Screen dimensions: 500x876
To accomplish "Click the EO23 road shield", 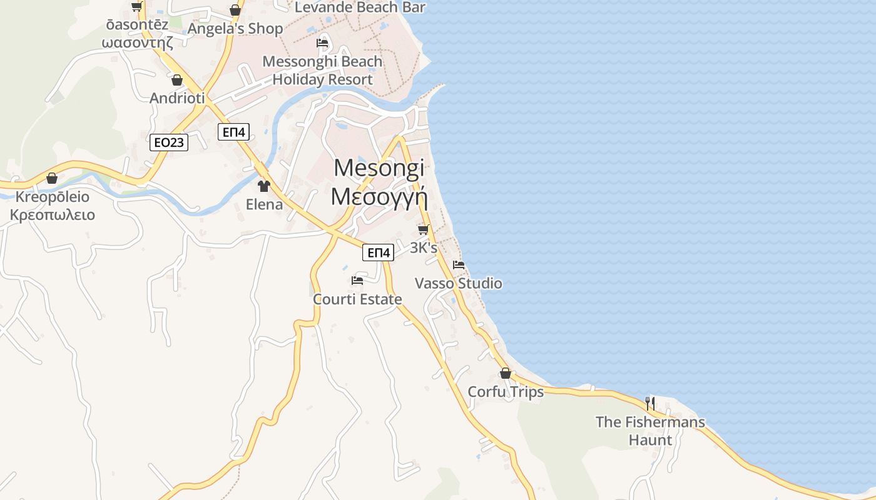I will coord(170,142).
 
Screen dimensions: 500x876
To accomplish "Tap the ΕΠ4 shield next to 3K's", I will coord(378,252).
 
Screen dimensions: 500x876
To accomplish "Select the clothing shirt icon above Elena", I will coord(264,186).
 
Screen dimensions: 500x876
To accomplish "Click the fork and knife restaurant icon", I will coord(650,404).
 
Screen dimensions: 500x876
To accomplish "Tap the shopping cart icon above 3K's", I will coord(424,230).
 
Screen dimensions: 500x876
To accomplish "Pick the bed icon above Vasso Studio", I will coord(459,265).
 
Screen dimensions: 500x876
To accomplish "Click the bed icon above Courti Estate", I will coord(357,281).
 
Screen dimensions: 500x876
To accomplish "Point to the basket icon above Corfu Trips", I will coord(506,374).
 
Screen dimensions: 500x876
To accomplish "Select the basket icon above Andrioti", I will coord(177,81).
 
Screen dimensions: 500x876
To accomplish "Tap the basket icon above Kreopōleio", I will coord(52,179).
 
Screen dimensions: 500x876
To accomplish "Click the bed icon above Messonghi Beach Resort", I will coord(322,43).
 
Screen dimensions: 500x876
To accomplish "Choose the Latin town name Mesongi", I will coord(379,167).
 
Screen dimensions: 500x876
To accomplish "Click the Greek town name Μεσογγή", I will coord(379,196).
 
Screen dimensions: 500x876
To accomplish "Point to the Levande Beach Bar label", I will coord(360,7).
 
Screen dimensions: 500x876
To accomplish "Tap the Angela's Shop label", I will coord(235,29).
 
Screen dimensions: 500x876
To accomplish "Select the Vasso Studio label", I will coord(459,284).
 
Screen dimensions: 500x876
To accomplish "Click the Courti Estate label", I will coord(357,299).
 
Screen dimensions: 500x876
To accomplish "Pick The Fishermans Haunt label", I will coord(650,431).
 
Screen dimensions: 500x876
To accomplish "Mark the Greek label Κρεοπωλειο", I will coord(53,216).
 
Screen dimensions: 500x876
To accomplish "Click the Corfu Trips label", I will coord(506,392).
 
